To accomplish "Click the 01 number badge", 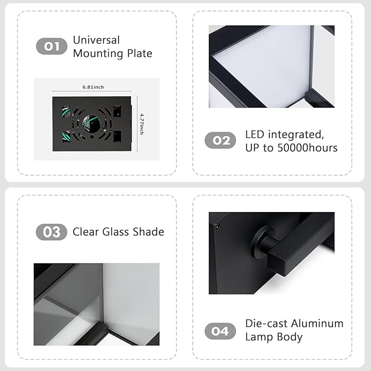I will (52, 46).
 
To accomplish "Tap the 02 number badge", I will (220, 140).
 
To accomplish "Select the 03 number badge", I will (52, 232).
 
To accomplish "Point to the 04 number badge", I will (220, 331).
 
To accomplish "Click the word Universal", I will (96, 40).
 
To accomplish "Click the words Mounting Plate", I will (112, 54).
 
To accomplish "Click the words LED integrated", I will (285, 134).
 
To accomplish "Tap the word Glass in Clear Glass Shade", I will (115, 232).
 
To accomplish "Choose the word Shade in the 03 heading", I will (148, 232).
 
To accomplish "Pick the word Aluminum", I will (317, 323).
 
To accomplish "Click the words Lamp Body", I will (273, 337).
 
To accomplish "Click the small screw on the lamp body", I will (216, 225).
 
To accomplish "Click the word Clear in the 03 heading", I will (86, 232).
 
